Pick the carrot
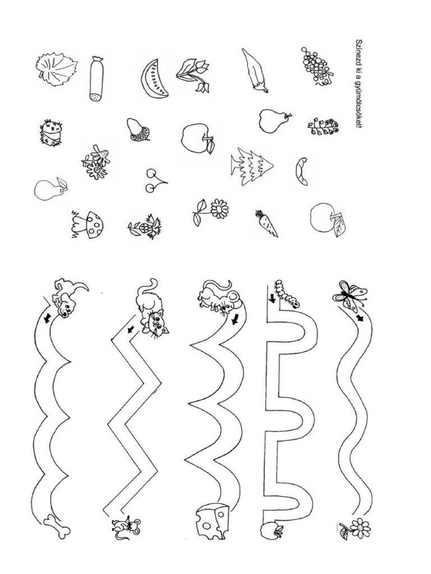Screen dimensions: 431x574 (x=267, y=223)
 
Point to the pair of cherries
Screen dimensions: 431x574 (x=154, y=180)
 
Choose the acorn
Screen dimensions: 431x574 (x=138, y=129)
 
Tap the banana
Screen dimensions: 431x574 (x=301, y=171)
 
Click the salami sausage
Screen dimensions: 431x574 (x=97, y=78)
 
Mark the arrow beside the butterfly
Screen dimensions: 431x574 (x=361, y=318)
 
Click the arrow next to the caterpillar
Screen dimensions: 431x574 (x=272, y=298)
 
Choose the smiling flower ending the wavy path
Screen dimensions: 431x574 (x=360, y=527)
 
